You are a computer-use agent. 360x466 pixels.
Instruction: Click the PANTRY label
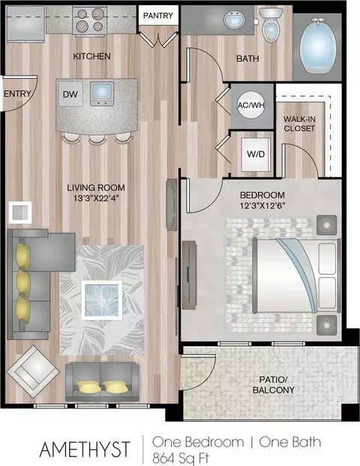[x=158, y=16]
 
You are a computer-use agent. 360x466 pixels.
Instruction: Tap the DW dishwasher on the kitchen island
[x=70, y=94]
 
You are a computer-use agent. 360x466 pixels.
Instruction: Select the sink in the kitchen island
[x=102, y=94]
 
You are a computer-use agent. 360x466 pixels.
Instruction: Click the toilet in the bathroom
[x=271, y=25]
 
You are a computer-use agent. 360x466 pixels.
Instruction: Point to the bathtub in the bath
[x=317, y=45]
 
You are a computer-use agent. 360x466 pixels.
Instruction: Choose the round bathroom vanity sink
[x=235, y=20]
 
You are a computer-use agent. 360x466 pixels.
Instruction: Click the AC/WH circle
[x=251, y=105]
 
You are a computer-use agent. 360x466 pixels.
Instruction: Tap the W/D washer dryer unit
[x=256, y=154]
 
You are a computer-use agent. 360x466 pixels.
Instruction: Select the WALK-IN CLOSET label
[x=299, y=124]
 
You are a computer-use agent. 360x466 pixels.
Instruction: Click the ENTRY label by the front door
[x=17, y=94]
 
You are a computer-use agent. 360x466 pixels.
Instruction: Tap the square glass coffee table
[x=102, y=300]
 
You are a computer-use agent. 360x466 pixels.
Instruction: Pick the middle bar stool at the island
[x=97, y=138]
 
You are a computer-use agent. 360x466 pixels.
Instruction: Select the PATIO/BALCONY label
[x=273, y=384]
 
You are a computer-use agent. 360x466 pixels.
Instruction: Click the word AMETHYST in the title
[x=85, y=449]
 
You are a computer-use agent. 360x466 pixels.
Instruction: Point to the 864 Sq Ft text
[x=181, y=457]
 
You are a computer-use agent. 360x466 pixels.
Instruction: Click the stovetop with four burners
[x=90, y=21]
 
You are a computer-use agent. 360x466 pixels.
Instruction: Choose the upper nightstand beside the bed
[x=326, y=225]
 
